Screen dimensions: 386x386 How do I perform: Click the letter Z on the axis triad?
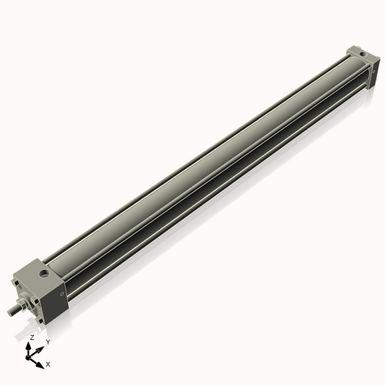[x=32, y=337]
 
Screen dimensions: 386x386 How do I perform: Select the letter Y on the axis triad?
[x=48, y=341]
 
